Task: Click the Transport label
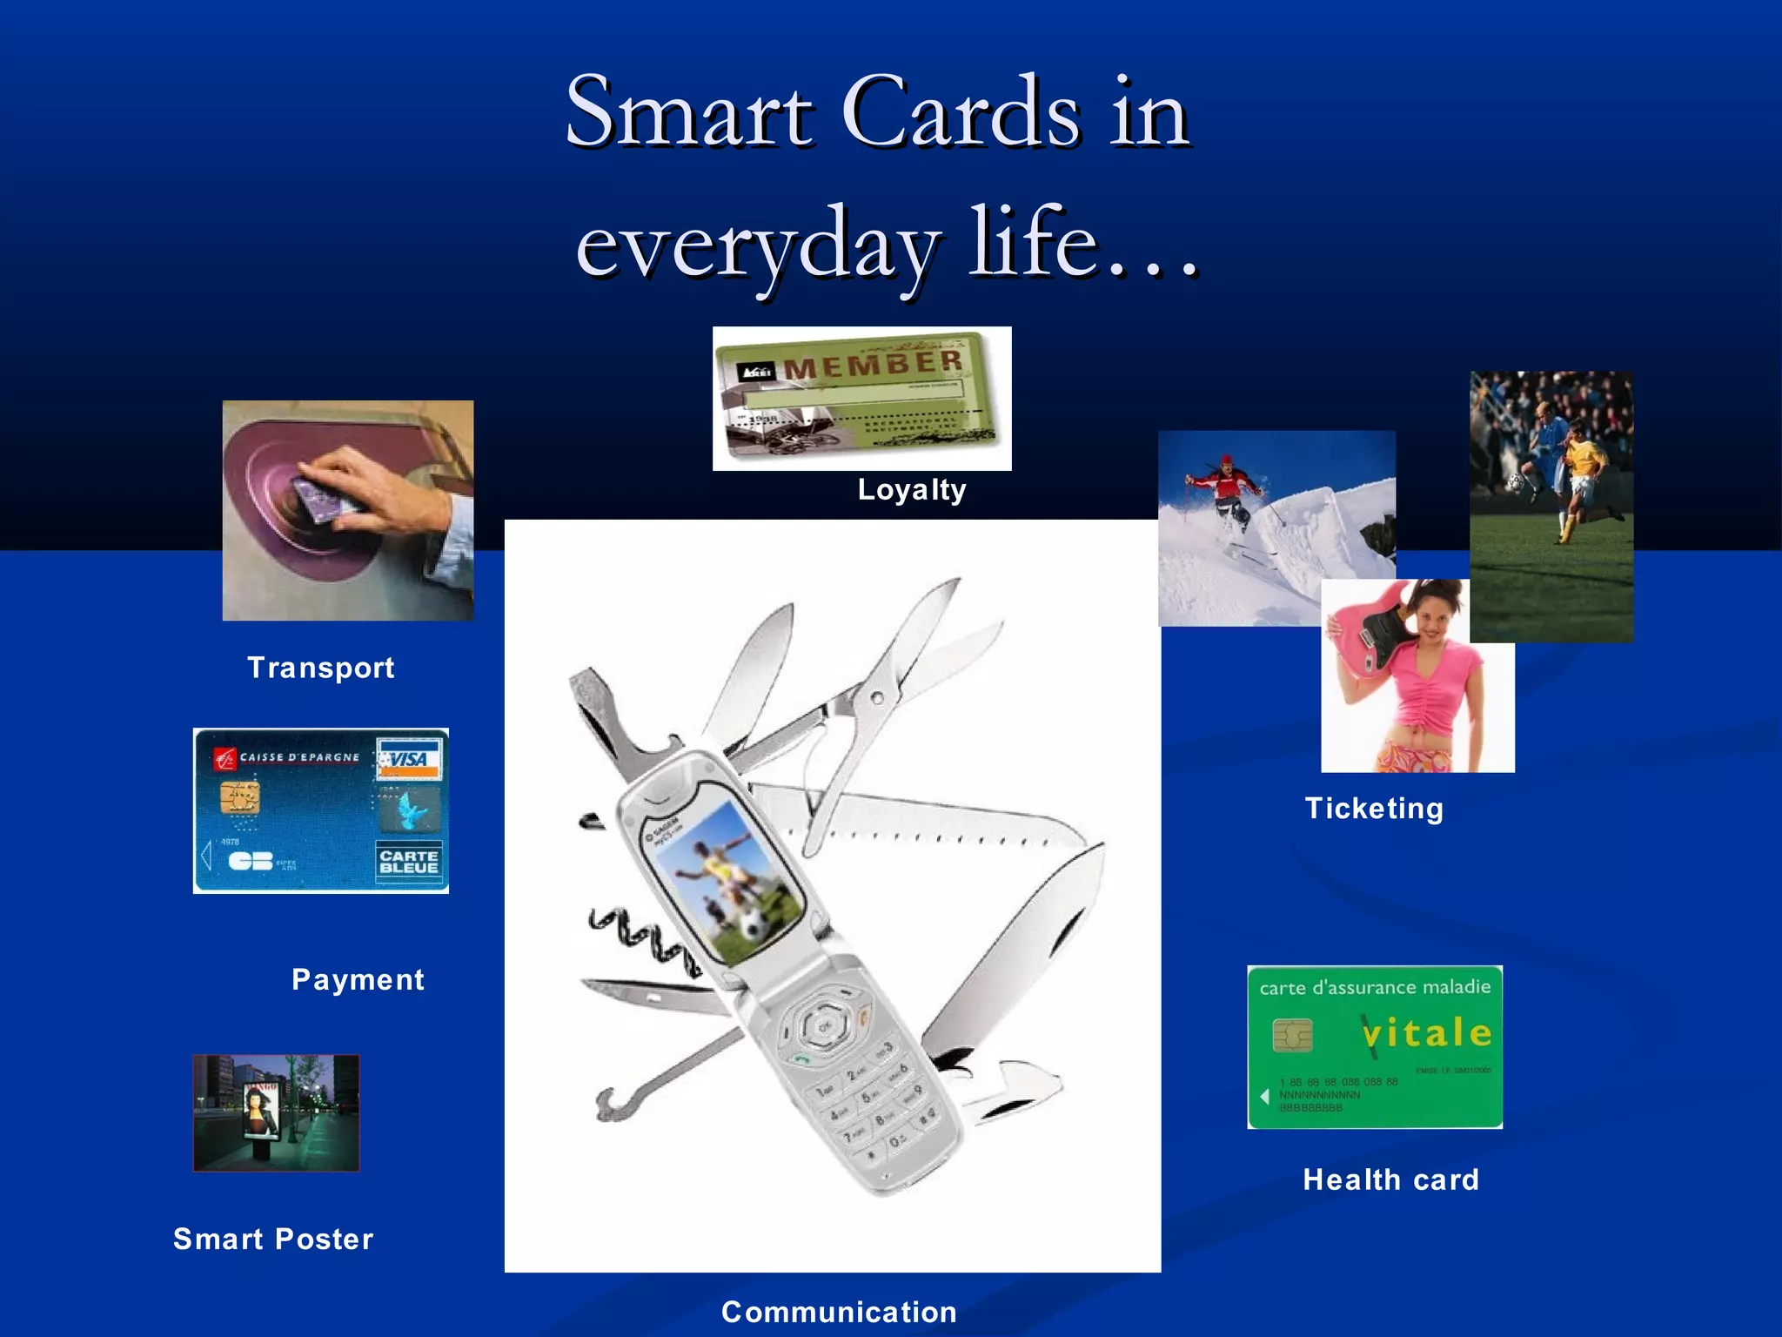(320, 668)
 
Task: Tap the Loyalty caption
(911, 490)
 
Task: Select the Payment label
(358, 980)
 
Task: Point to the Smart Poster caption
(273, 1240)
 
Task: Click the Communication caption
(839, 1312)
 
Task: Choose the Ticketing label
(1374, 809)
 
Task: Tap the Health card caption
(1390, 1180)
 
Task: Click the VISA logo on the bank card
(409, 759)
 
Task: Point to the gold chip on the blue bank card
(239, 797)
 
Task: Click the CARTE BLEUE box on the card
(409, 862)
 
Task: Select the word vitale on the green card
(1427, 1034)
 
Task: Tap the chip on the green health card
(1292, 1035)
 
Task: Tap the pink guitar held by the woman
(1370, 627)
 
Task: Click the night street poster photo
(276, 1112)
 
